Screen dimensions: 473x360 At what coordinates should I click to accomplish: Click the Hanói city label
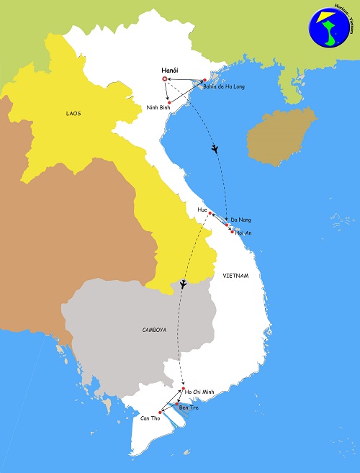point(170,71)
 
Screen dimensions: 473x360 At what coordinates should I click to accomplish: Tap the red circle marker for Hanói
point(165,79)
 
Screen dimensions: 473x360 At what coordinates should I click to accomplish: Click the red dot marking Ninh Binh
point(168,103)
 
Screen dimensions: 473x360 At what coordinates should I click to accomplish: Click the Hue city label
point(202,209)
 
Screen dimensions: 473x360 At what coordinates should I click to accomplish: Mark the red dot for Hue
point(210,214)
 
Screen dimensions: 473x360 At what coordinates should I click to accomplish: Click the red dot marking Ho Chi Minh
point(184,390)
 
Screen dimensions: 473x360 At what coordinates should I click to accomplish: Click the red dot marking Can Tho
point(160,412)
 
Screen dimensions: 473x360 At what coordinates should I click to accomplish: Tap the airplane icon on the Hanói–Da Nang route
point(215,150)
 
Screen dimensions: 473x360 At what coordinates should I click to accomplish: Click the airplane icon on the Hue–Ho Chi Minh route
point(184,284)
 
